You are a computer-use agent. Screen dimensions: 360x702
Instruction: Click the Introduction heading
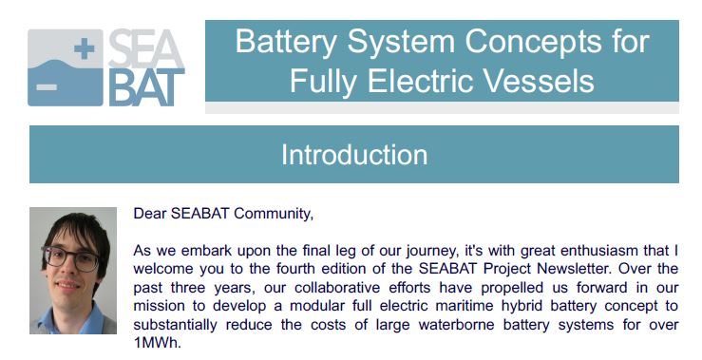click(x=353, y=154)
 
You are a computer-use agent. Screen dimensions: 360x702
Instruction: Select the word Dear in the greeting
click(x=150, y=213)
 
